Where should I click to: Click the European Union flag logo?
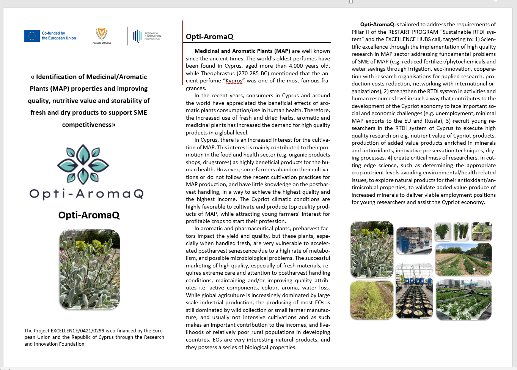pyautogui.click(x=32, y=36)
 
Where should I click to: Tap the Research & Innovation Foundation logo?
pyautogui.click(x=147, y=36)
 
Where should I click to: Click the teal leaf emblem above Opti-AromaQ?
pyautogui.click(x=83, y=164)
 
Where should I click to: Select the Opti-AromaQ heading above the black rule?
pyautogui.click(x=209, y=36)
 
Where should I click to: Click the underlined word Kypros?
pyautogui.click(x=234, y=81)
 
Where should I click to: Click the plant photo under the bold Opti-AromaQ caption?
pyautogui.click(x=90, y=269)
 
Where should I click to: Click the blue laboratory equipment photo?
pyautogui.click(x=414, y=240)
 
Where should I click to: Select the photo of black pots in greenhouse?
pyautogui.click(x=414, y=291)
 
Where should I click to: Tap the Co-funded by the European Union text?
pyautogui.click(x=58, y=36)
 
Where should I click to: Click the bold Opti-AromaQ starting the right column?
pyautogui.click(x=377, y=24)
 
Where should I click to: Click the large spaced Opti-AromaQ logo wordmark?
pyautogui.click(x=86, y=194)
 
